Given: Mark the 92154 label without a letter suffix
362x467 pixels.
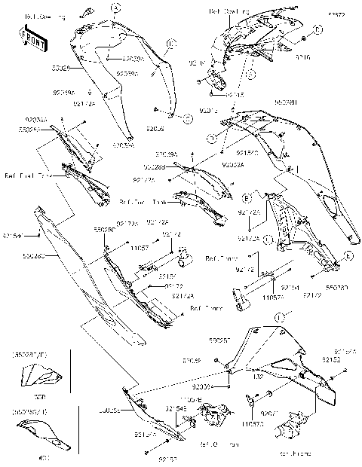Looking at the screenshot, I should pos(290,288).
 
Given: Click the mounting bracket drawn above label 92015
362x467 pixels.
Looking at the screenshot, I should pos(215,81).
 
